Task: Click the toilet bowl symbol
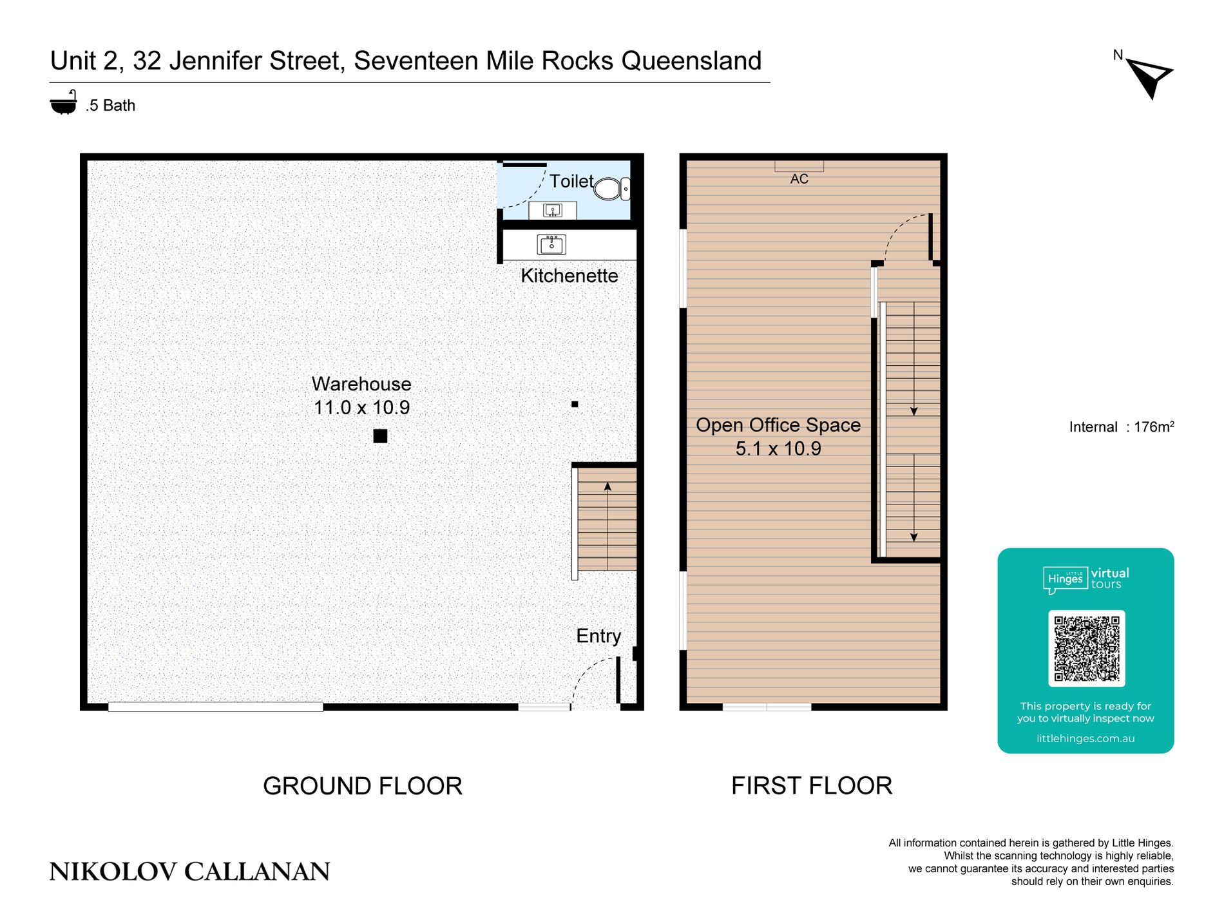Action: [611, 189]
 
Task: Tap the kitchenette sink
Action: [551, 244]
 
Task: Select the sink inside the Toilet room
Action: [553, 210]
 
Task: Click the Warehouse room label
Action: [361, 384]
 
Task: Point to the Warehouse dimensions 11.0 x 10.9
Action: [361, 408]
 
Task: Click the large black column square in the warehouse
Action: [380, 436]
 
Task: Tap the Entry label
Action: [598, 636]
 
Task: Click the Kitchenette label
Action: [569, 276]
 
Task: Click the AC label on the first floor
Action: [799, 179]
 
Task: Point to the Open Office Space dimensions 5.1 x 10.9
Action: [778, 448]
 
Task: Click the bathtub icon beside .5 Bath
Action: [64, 102]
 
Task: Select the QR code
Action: [1086, 648]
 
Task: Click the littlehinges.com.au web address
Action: [1085, 739]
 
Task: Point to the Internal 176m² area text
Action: [1122, 427]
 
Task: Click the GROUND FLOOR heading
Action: [363, 786]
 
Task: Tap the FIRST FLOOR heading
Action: [812, 786]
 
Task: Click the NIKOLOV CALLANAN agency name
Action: [189, 872]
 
